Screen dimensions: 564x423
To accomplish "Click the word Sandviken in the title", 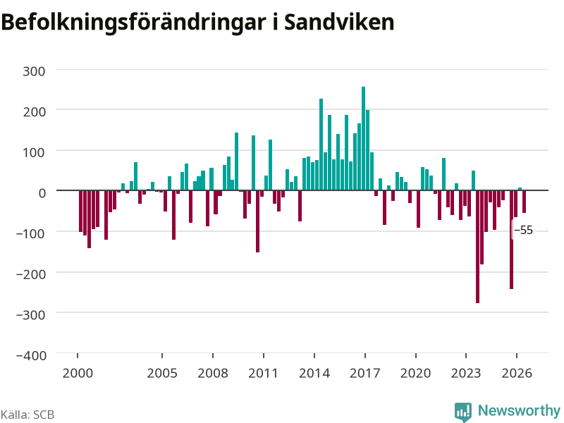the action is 339,22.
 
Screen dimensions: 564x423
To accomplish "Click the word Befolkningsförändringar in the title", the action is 133,23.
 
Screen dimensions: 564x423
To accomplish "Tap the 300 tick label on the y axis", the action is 34,71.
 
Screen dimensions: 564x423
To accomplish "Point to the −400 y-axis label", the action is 31,355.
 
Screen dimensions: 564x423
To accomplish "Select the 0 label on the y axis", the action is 42,193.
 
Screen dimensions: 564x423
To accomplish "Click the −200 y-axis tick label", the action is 31,274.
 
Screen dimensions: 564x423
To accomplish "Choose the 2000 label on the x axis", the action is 78,373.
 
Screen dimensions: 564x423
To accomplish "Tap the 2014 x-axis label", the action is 314,373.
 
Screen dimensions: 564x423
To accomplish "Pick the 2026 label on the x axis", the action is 517,373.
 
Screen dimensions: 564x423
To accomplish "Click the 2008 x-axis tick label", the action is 213,373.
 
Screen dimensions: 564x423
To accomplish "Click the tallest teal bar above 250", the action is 363,138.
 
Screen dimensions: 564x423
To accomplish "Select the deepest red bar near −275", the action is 478,246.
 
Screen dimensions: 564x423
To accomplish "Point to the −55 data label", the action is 524,231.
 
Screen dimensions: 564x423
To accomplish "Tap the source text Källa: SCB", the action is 27,415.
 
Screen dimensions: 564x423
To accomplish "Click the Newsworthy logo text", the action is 519,410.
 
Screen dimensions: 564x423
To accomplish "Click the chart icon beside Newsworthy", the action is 463,412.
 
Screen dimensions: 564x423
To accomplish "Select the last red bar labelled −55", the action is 524,202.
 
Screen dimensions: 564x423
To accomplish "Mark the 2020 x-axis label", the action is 416,373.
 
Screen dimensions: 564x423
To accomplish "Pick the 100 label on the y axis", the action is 34,152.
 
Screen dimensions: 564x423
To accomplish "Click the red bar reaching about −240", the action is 512,240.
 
